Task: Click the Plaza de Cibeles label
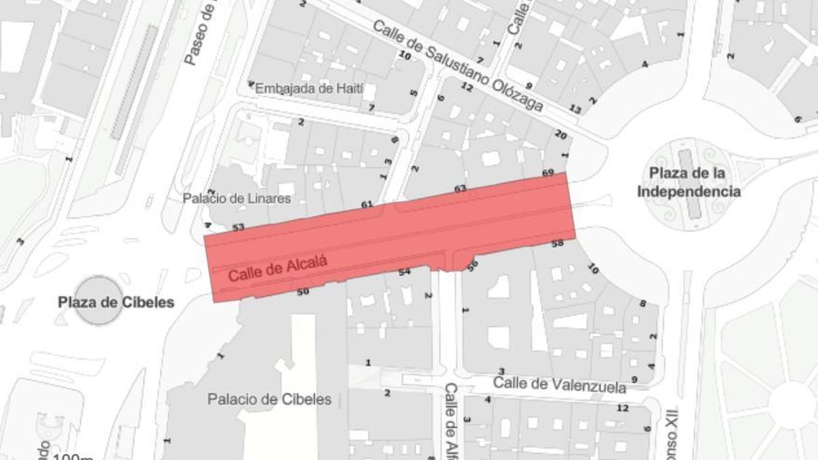point(116,302)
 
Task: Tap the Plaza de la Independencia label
point(688,182)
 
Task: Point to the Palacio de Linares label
point(237,199)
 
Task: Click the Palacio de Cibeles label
point(270,399)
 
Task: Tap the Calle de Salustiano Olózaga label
point(457,66)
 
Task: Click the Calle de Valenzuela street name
point(560,384)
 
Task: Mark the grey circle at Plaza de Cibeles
point(100,301)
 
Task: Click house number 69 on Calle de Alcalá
point(548,173)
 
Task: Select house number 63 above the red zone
point(460,188)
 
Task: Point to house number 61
point(367,204)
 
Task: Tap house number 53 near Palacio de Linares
point(238,227)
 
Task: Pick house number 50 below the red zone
point(303,292)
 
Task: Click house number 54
point(404,272)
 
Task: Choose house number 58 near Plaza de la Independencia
point(557,243)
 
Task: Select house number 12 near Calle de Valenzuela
point(622,408)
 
